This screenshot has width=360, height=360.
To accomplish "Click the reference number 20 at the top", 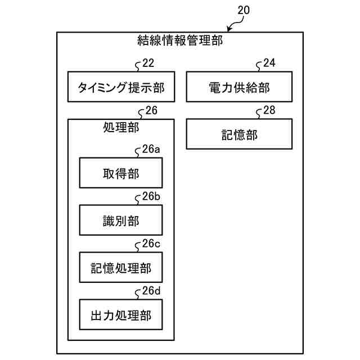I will [x=244, y=10].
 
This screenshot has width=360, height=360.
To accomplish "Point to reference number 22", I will [x=148, y=64].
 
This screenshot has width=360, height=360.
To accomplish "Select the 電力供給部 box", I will [x=239, y=87].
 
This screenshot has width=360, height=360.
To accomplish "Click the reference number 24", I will [x=269, y=64].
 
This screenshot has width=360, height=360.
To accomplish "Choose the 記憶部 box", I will [x=239, y=134].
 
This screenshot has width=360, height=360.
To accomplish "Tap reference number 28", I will [x=269, y=110].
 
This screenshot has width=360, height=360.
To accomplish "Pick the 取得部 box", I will [x=121, y=173].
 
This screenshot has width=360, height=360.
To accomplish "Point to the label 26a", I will [x=151, y=150].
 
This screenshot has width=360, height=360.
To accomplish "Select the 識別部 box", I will [x=121, y=220].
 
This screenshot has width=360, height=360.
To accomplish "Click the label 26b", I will [x=151, y=197].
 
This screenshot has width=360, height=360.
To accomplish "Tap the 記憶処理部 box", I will [x=121, y=267].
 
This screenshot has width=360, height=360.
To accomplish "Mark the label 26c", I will [x=151, y=244].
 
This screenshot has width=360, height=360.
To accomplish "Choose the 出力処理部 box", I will [x=121, y=315].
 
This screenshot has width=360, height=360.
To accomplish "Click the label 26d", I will [x=151, y=291].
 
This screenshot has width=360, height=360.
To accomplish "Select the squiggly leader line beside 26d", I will [x=137, y=294].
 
